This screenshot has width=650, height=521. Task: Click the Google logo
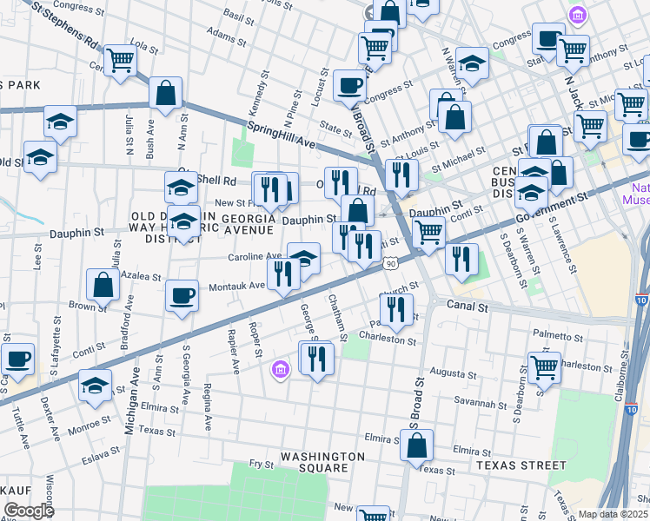click(x=28, y=511)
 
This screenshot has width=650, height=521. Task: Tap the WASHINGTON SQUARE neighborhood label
click(x=322, y=464)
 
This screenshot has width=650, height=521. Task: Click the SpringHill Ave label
click(x=282, y=135)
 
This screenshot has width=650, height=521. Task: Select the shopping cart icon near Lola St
click(x=120, y=59)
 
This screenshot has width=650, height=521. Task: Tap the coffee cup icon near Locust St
click(x=349, y=85)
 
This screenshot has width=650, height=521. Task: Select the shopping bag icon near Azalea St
click(x=103, y=284)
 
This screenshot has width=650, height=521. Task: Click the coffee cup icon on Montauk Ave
click(x=182, y=294)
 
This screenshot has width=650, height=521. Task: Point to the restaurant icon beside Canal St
click(x=395, y=309)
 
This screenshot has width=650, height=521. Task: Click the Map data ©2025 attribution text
click(x=613, y=514)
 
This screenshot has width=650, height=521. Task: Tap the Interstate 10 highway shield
click(x=640, y=300)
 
